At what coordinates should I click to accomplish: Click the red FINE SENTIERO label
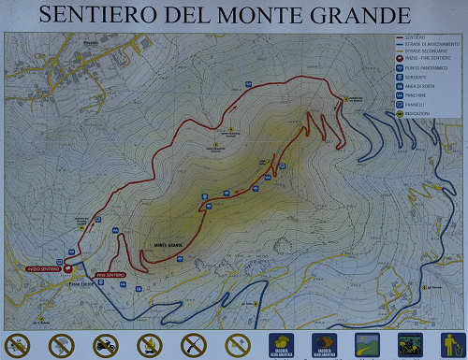tap(110, 274)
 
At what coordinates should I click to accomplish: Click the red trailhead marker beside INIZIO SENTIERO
tap(68, 268)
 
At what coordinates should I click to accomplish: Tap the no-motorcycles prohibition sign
tap(106, 345)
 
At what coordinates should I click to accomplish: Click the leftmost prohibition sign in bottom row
tap(17, 345)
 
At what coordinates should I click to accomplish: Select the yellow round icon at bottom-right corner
tap(453, 345)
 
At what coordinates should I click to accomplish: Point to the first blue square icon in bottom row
tap(281, 345)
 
